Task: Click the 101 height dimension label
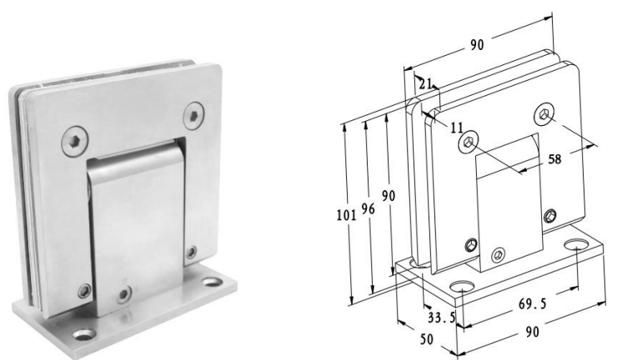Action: [343, 214]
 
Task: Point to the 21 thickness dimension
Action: [425, 83]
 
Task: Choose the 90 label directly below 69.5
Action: [532, 332]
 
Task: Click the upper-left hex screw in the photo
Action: [73, 141]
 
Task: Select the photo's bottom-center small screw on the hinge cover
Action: [124, 294]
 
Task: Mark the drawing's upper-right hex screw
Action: [544, 113]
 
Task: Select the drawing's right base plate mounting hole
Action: [579, 246]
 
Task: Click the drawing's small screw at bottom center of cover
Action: [499, 254]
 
